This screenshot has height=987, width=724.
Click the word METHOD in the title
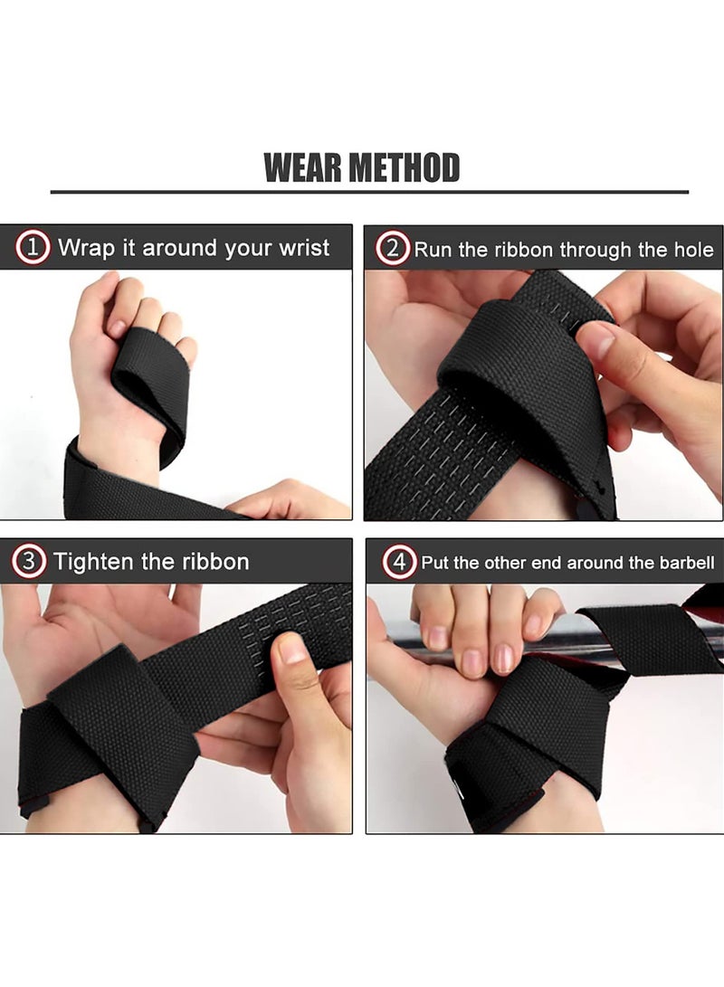pyautogui.click(x=405, y=168)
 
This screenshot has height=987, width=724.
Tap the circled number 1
pyautogui.click(x=33, y=248)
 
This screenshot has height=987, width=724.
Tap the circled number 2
pyautogui.click(x=393, y=248)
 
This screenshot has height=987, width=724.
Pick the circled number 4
pyautogui.click(x=399, y=562)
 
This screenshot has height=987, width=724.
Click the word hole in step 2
pyautogui.click(x=693, y=250)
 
